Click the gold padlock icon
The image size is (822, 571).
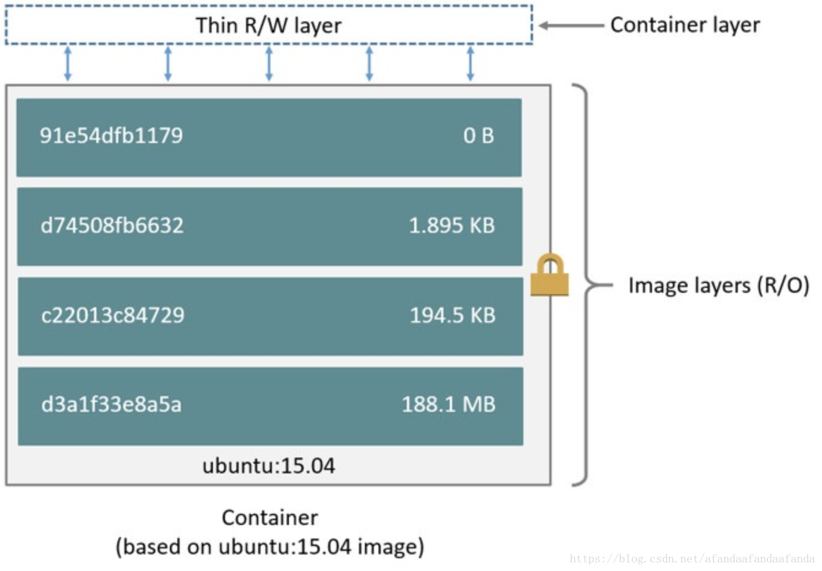(550, 276)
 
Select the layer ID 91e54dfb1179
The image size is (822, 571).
(111, 136)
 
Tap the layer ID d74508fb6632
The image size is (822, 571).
(112, 225)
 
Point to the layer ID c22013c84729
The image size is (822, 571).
(112, 315)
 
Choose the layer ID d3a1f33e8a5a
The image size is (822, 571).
(111, 405)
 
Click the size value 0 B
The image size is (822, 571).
(478, 136)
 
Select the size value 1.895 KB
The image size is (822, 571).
(451, 225)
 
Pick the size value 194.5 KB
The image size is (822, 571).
(452, 315)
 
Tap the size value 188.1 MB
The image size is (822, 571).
(448, 405)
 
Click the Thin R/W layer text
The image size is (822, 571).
(269, 25)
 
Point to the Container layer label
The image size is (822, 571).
(685, 25)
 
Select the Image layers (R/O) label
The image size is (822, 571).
(718, 285)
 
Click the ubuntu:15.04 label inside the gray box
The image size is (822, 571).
(269, 466)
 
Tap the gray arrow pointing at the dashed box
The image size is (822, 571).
(570, 26)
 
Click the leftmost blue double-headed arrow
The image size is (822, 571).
(67, 64)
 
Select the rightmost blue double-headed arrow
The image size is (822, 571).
(470, 64)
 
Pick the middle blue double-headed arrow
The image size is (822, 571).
(269, 64)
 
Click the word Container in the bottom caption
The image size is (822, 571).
(269, 518)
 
